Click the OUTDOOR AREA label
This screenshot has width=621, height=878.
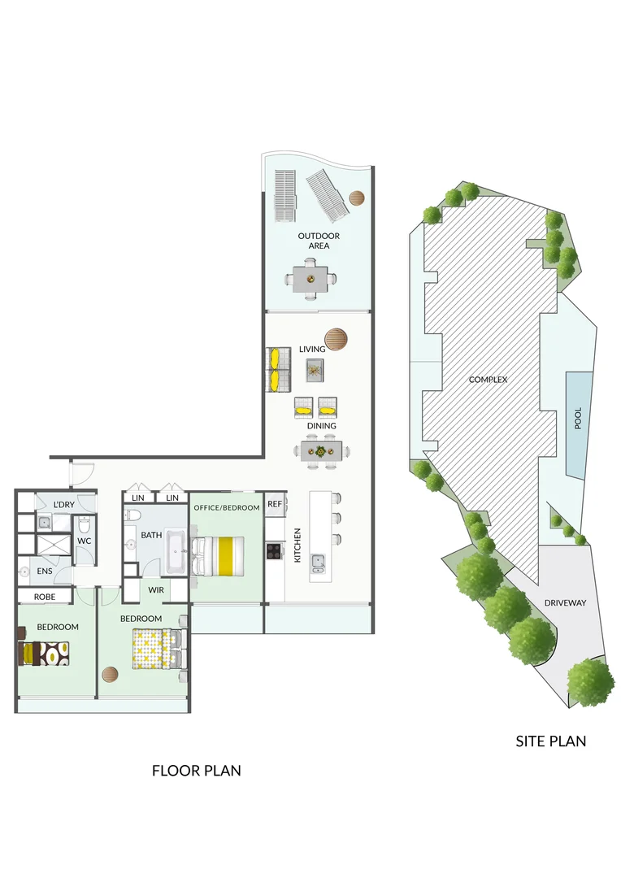point(319,241)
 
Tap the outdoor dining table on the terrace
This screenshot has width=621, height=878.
point(310,278)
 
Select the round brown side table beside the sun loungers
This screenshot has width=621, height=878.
point(357,198)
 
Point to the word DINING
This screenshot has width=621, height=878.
point(321,426)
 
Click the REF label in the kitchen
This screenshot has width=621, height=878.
point(275,504)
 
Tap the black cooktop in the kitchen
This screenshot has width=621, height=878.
point(274,551)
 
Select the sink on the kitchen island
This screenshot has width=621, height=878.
point(318,563)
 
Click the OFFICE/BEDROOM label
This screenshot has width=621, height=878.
point(227,508)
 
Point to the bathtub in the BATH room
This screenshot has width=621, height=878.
point(176,556)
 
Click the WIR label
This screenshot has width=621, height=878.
point(156,590)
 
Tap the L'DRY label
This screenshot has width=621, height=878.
point(63,506)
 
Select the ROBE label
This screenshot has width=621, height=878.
point(45,597)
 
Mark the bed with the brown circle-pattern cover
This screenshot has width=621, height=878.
point(44,654)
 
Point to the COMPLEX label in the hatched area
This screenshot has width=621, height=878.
point(488,380)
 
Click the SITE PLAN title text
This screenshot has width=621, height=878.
point(550,741)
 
